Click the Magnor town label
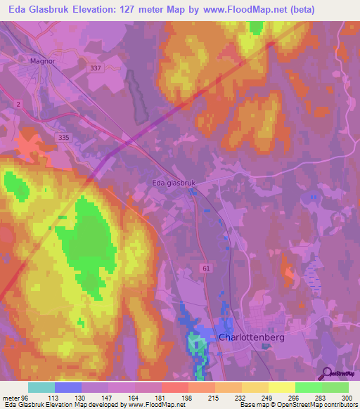click(42, 60)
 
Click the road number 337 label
click(96, 68)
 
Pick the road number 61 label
click(205, 268)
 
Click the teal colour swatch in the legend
click(41, 387)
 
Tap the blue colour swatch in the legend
click(68, 387)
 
